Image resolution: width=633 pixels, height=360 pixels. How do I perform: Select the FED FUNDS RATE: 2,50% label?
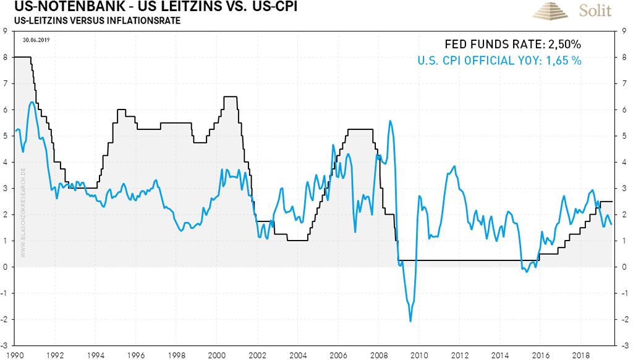click(513, 45)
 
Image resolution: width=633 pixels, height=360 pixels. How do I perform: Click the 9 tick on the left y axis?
click(6, 32)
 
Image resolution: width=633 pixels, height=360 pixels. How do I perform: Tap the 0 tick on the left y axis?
click(6, 267)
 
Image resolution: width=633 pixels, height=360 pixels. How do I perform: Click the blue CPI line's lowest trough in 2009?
click(410, 321)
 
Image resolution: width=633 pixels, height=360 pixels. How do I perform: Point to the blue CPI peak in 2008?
click(389, 121)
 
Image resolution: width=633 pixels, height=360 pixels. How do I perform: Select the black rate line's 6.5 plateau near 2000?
click(231, 96)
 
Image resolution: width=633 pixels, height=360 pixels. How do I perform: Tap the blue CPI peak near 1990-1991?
click(31, 102)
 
